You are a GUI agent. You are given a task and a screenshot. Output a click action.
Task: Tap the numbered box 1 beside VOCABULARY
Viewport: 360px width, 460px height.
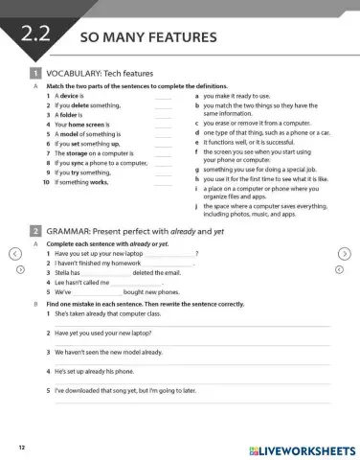(x=34, y=73)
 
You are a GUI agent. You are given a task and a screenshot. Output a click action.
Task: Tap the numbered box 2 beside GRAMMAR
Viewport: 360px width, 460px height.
(x=34, y=231)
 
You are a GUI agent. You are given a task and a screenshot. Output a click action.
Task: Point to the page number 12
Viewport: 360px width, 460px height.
(x=21, y=448)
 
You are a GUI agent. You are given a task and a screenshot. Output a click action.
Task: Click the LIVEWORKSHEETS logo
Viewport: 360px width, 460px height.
(x=300, y=448)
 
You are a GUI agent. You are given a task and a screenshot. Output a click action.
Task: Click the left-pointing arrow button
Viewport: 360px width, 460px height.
(x=12, y=253)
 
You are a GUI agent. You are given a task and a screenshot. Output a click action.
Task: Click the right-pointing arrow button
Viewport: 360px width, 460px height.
(x=347, y=253)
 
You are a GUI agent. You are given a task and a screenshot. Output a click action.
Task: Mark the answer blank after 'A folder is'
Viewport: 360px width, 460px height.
(x=163, y=114)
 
